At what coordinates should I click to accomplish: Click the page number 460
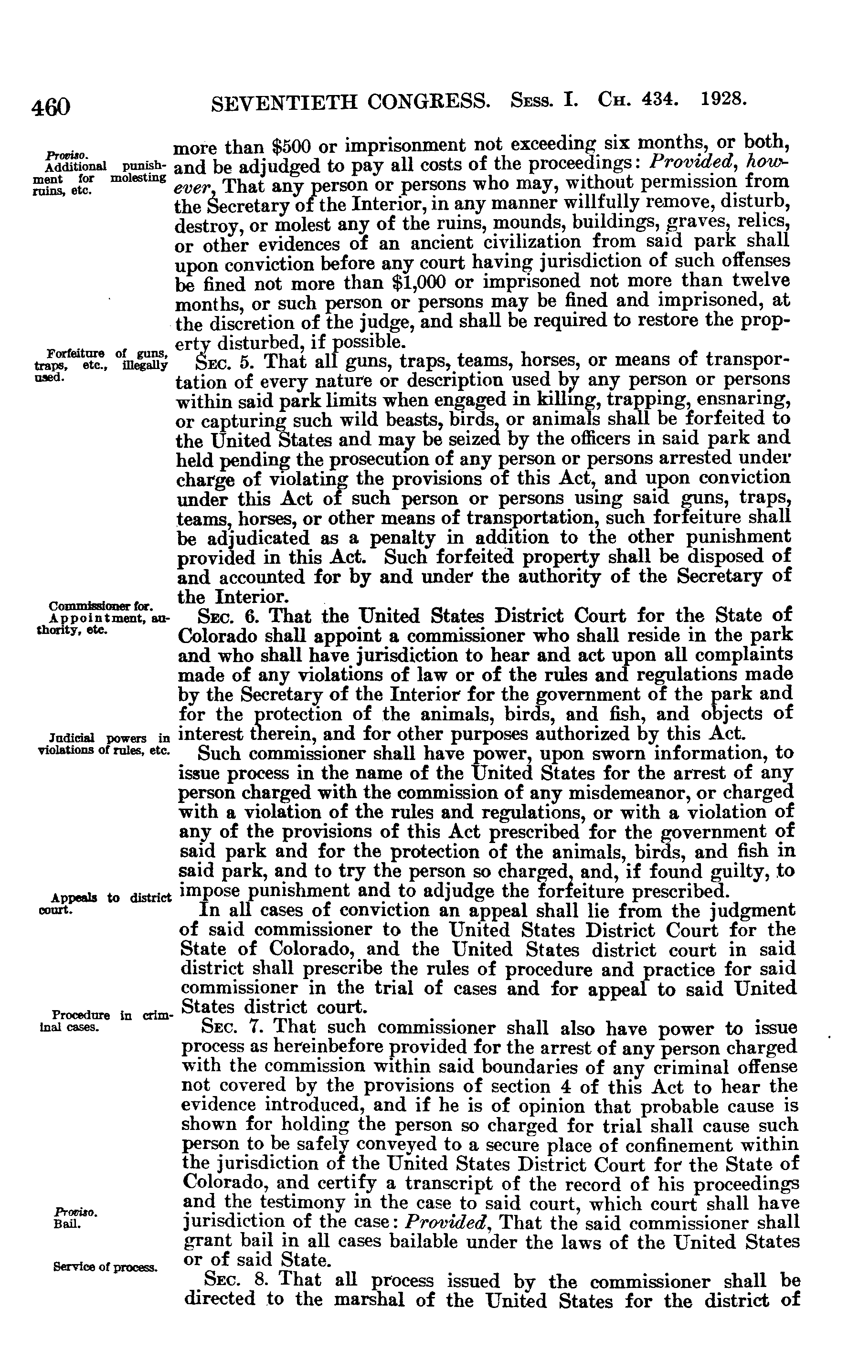tap(51, 106)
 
